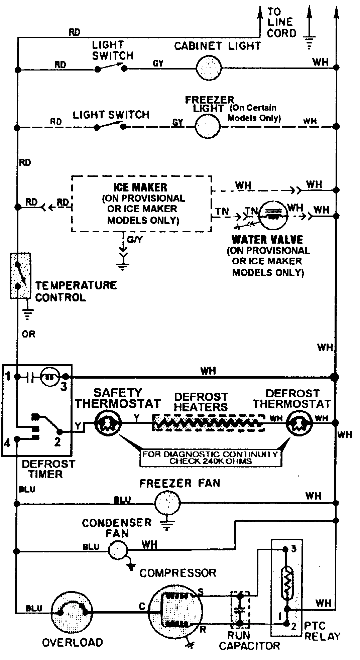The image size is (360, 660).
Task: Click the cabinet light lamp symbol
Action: (x=209, y=68)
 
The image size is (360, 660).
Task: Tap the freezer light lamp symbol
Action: (x=208, y=127)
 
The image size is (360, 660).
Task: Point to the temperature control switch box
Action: (x=20, y=275)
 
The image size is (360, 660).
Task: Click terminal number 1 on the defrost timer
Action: (x=8, y=377)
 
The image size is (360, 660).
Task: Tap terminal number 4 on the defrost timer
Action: (x=7, y=443)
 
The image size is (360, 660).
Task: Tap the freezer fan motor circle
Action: (x=167, y=502)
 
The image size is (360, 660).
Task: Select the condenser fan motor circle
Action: (x=118, y=549)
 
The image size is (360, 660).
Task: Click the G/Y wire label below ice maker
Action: (x=135, y=240)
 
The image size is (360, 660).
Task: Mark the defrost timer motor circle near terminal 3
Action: (x=50, y=377)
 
